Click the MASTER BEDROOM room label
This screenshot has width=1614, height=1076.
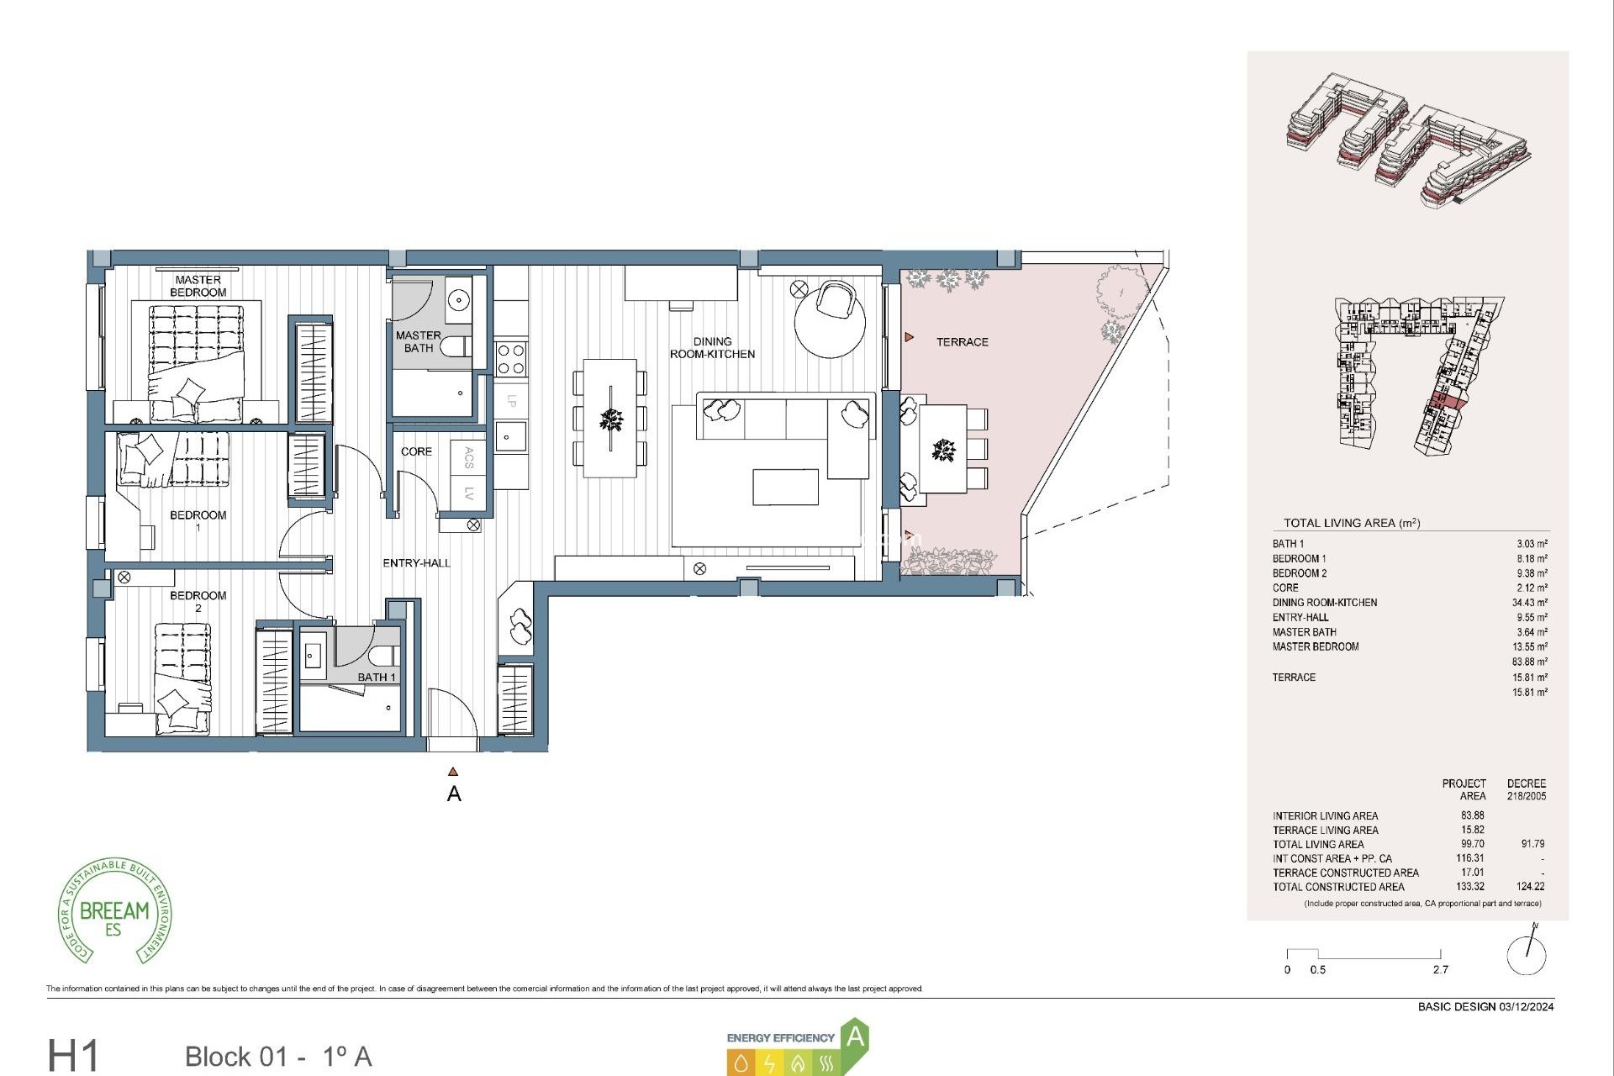198,286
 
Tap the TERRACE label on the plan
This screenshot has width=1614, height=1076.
962,342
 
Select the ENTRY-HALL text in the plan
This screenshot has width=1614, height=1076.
416,563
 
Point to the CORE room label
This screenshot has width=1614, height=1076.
416,451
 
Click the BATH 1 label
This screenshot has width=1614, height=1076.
376,677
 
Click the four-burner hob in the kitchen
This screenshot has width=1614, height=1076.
511,359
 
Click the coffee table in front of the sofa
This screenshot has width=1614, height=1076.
785,488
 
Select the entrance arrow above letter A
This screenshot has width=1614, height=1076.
453,772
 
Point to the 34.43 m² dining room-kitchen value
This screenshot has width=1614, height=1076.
1529,603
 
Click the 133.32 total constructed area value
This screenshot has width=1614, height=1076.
1469,886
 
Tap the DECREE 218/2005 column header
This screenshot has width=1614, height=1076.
1526,789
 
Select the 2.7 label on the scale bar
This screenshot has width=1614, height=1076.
1440,969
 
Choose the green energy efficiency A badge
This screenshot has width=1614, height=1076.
854,1036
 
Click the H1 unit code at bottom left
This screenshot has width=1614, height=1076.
73,1055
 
